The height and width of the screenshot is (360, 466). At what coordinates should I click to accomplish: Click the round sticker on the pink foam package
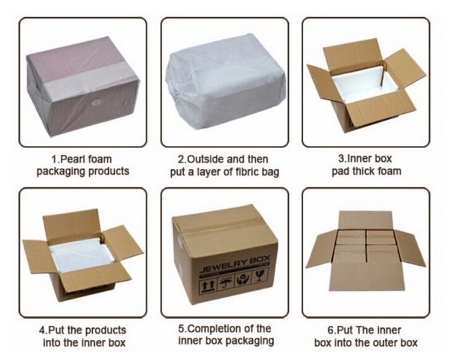click(x=96, y=102)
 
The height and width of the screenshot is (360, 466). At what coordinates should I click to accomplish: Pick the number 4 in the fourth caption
click(x=42, y=330)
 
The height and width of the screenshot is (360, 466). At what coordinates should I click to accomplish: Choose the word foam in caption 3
click(x=390, y=171)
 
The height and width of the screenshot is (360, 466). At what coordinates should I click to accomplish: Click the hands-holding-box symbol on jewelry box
click(x=243, y=279)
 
